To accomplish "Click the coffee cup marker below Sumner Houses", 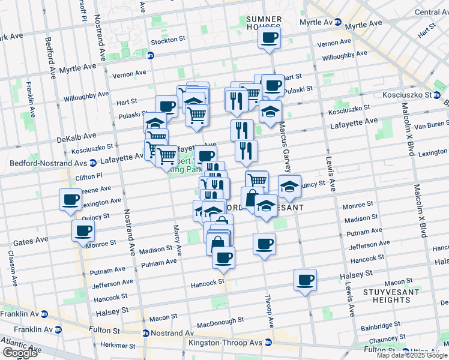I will coord(269,38).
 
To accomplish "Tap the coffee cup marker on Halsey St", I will coord(306,280).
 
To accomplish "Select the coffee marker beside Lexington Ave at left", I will coord(70,199).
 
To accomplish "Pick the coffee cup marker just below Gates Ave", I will coord(83,230).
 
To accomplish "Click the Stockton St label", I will coord(169,40).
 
